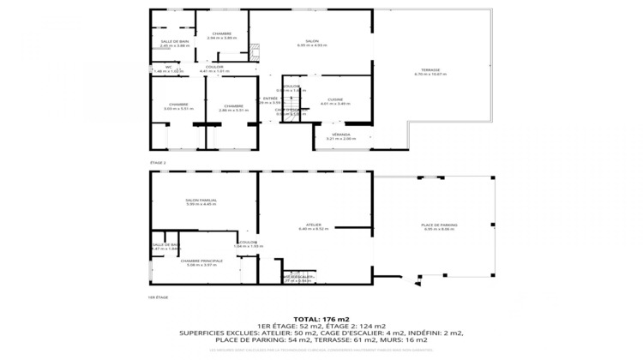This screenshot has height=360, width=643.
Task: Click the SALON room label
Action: tap(312, 41)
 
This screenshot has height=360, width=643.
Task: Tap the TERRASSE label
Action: tap(430, 70)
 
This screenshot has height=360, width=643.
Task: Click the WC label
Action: tap(169, 67)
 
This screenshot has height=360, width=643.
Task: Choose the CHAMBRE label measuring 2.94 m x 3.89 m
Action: tap(222, 35)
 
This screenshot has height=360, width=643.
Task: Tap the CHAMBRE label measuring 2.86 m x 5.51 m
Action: tap(233, 105)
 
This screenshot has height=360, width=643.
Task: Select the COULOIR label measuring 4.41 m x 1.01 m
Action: tap(215, 67)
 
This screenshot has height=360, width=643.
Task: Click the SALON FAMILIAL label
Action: tap(201, 200)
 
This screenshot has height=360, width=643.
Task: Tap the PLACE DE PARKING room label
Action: tap(439, 225)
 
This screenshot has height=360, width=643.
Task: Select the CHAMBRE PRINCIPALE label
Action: tap(201, 261)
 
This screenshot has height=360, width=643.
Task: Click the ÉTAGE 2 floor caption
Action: tap(158, 162)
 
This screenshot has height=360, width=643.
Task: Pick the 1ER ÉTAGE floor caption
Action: tap(158, 297)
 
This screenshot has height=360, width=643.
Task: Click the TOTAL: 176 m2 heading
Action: tap(321, 319)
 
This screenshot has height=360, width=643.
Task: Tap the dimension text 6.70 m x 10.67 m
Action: tap(430, 75)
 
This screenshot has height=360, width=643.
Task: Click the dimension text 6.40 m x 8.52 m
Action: tap(315, 229)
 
